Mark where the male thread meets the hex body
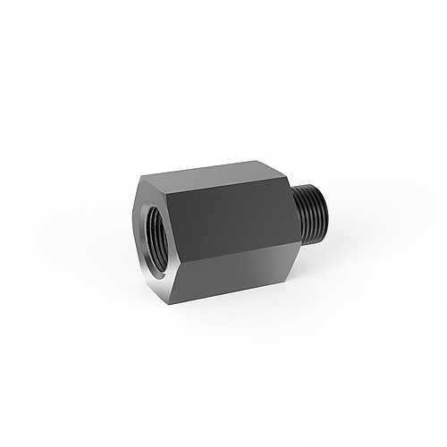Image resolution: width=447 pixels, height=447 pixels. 296,215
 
